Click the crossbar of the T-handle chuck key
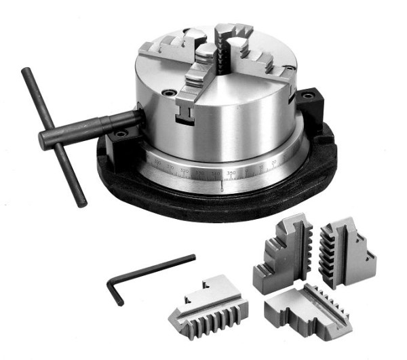pos(54,136)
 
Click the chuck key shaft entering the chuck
pos(109,123)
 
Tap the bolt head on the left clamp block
pos(122,135)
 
